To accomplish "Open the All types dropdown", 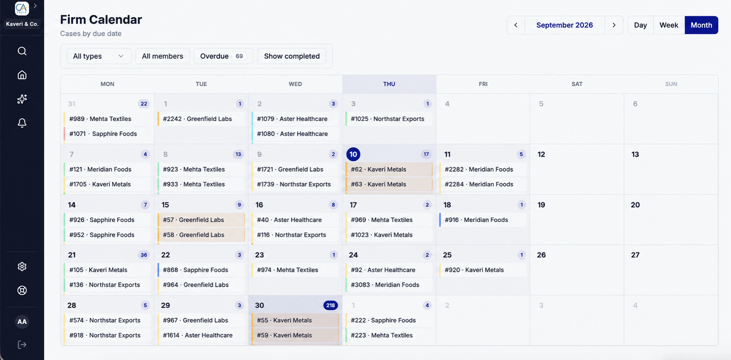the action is pos(98,56).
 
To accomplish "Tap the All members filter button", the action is pos(162,56).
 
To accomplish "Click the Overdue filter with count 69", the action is pos(223,56).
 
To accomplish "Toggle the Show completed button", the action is pos(292,56).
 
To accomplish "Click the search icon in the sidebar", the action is pos(22,51).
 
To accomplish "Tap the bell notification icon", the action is pos(22,123).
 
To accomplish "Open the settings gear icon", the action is pos(22,266).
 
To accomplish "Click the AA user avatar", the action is pos(22,321).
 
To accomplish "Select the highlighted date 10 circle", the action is pos(353,154).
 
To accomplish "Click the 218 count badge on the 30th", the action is pos(330,305).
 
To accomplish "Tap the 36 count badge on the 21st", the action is pos(144,255).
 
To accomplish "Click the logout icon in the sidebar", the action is pos(22,345).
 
